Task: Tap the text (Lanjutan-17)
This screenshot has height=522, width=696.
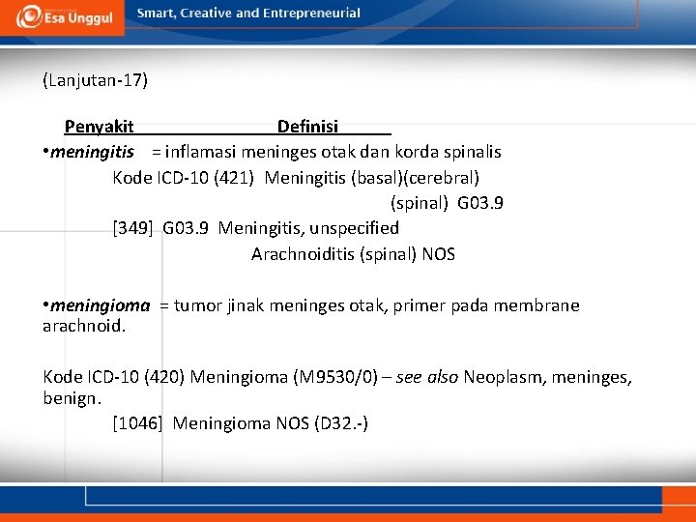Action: tap(95, 80)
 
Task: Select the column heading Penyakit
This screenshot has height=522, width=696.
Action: tap(99, 127)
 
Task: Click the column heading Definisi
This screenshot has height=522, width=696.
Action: tap(307, 127)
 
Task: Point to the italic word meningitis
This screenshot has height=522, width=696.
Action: tap(92, 152)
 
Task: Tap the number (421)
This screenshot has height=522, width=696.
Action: tap(234, 178)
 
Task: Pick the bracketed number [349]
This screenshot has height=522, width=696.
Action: tap(133, 228)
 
